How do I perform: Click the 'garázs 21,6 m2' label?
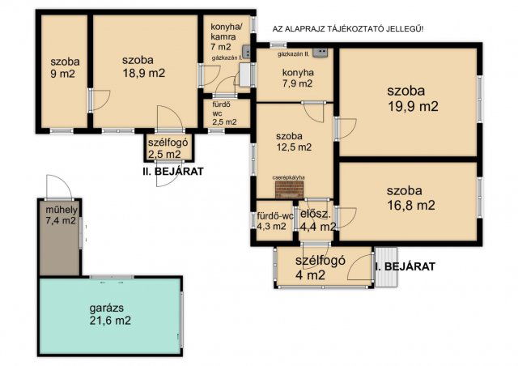tap(110, 314)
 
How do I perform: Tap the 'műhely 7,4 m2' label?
tap(62, 215)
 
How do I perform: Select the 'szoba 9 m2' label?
tap(65, 67)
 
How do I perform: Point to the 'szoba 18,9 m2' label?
tap(143, 66)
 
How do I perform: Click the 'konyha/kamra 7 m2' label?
tap(223, 36)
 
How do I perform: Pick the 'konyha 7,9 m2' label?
tap(298, 78)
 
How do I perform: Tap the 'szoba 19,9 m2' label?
tap(412, 99)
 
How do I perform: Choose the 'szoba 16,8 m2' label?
tap(410, 198)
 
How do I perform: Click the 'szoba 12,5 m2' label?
tap(294, 142)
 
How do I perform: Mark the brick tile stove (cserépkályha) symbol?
tap(290, 190)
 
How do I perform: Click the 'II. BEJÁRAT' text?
tap(171, 172)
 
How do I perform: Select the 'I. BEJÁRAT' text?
tap(405, 266)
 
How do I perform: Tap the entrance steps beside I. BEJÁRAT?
tap(387, 267)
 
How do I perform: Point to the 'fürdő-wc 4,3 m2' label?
tap(275, 222)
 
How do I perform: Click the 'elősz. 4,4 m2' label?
tap(318, 220)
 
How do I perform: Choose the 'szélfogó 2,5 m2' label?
tap(168, 148)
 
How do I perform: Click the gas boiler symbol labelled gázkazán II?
tap(321, 53)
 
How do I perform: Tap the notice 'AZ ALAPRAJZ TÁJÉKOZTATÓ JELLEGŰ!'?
tap(348, 29)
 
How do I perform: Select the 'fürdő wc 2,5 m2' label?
tap(224, 113)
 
